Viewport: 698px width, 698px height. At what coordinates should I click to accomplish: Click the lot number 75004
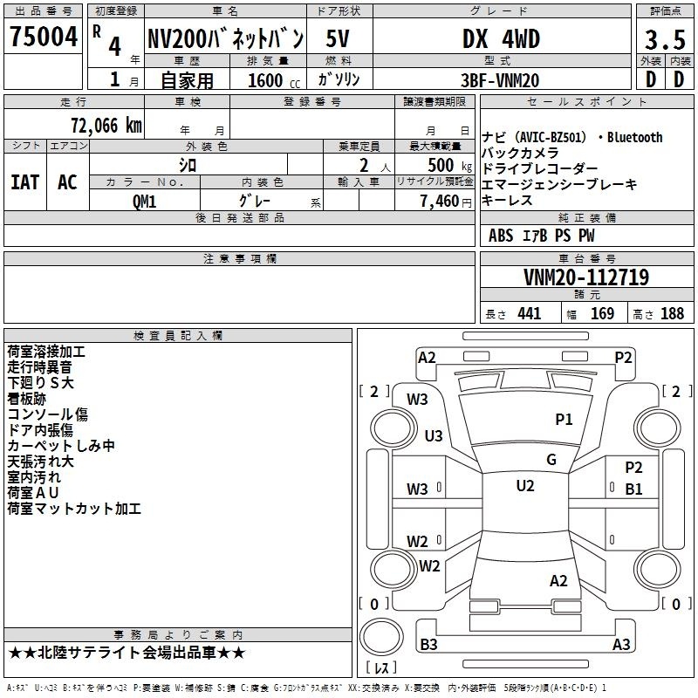pyautogui.click(x=44, y=36)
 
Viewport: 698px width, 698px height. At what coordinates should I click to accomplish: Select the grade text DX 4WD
pyautogui.click(x=501, y=38)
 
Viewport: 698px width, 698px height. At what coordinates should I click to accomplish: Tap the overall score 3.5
pyautogui.click(x=665, y=39)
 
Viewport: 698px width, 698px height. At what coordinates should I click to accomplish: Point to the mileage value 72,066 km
pyautogui.click(x=106, y=126)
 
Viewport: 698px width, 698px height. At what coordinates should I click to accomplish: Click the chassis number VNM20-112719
pyautogui.click(x=586, y=277)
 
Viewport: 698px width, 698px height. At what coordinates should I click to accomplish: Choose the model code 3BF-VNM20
pyautogui.click(x=500, y=80)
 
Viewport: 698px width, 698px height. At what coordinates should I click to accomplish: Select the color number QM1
pyautogui.click(x=144, y=202)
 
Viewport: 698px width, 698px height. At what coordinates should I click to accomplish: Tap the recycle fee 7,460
pyautogui.click(x=440, y=202)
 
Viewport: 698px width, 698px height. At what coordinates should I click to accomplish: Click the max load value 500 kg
pyautogui.click(x=449, y=165)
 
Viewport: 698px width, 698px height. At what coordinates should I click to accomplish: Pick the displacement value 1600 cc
pyautogui.click(x=274, y=80)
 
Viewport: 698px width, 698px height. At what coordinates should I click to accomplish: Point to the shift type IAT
pyautogui.click(x=25, y=182)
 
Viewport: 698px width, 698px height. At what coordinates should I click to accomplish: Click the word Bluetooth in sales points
pyautogui.click(x=634, y=138)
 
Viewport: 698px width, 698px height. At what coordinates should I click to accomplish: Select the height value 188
pyautogui.click(x=672, y=313)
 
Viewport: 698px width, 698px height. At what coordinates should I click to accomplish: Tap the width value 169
pyautogui.click(x=602, y=313)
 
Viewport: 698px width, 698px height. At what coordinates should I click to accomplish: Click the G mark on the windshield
pyautogui.click(x=551, y=460)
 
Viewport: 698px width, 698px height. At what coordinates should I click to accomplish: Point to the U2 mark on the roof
pyautogui.click(x=525, y=486)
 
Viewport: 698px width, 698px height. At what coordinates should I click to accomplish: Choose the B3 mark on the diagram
pyautogui.click(x=428, y=644)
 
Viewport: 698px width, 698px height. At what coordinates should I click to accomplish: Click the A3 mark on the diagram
pyautogui.click(x=621, y=644)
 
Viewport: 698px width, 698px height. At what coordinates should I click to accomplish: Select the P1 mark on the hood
pyautogui.click(x=564, y=419)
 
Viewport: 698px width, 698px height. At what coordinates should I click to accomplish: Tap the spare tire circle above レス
pyautogui.click(x=381, y=636)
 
